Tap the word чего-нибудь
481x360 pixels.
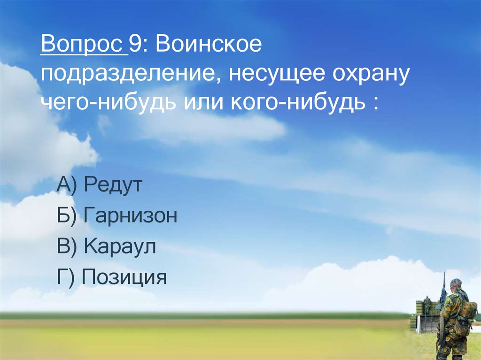[x=110, y=103]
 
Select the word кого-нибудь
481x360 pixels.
[x=295, y=103]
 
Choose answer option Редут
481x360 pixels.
[x=113, y=186]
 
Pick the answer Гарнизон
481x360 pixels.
[x=131, y=216]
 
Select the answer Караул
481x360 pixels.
[x=120, y=247]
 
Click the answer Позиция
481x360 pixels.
[x=124, y=277]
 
